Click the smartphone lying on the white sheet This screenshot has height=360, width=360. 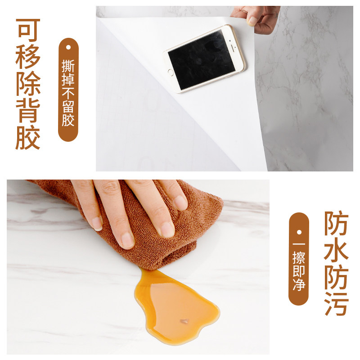coord(205,59)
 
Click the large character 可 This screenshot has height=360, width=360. coord(28,30)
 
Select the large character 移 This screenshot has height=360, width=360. coord(28,57)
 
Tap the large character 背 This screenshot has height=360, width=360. coord(28,111)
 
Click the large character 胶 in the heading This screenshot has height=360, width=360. coord(28,138)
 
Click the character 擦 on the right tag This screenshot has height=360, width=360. coord(298,257)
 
